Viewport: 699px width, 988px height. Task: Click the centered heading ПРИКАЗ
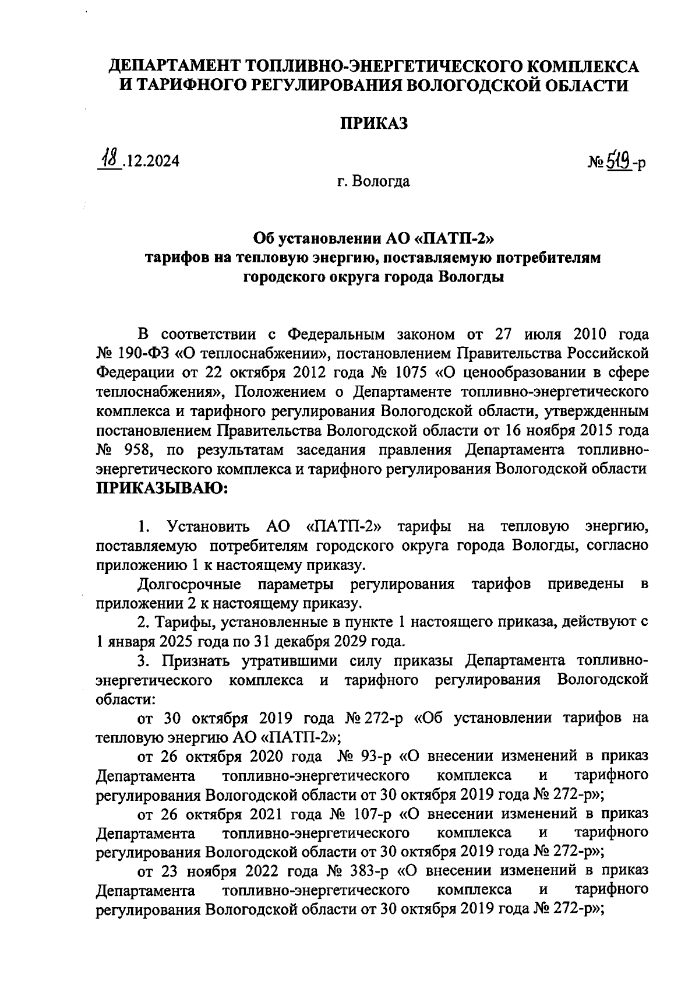(373, 123)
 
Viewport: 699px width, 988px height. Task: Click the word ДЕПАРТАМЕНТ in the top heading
(176, 66)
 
